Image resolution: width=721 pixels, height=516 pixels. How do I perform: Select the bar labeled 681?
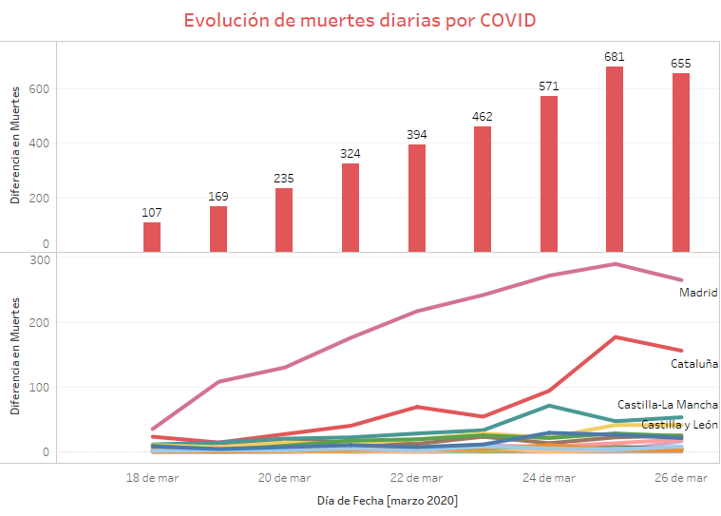tap(615, 159)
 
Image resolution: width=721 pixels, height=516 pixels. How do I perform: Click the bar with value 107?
tap(152, 237)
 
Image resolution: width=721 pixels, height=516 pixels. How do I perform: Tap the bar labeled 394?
tap(416, 198)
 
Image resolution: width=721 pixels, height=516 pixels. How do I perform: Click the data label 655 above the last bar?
tap(680, 64)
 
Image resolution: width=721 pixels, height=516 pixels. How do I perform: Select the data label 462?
tap(483, 116)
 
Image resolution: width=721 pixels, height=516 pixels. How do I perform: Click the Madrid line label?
tap(698, 293)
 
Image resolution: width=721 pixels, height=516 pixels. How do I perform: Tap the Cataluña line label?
tap(694, 363)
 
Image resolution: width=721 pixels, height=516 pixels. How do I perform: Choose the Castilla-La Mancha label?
tap(668, 405)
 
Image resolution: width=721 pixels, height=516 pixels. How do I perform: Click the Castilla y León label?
tap(679, 425)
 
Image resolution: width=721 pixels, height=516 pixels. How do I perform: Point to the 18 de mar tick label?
tap(152, 478)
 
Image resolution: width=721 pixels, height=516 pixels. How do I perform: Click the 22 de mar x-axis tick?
tap(416, 478)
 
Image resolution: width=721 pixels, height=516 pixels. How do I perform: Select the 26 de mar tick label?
tap(680, 478)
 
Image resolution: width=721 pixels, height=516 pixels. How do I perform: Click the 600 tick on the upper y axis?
tap(37, 89)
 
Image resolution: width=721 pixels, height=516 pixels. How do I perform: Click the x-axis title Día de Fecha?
tap(387, 500)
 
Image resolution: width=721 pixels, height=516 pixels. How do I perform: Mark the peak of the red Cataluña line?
tap(615, 336)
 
